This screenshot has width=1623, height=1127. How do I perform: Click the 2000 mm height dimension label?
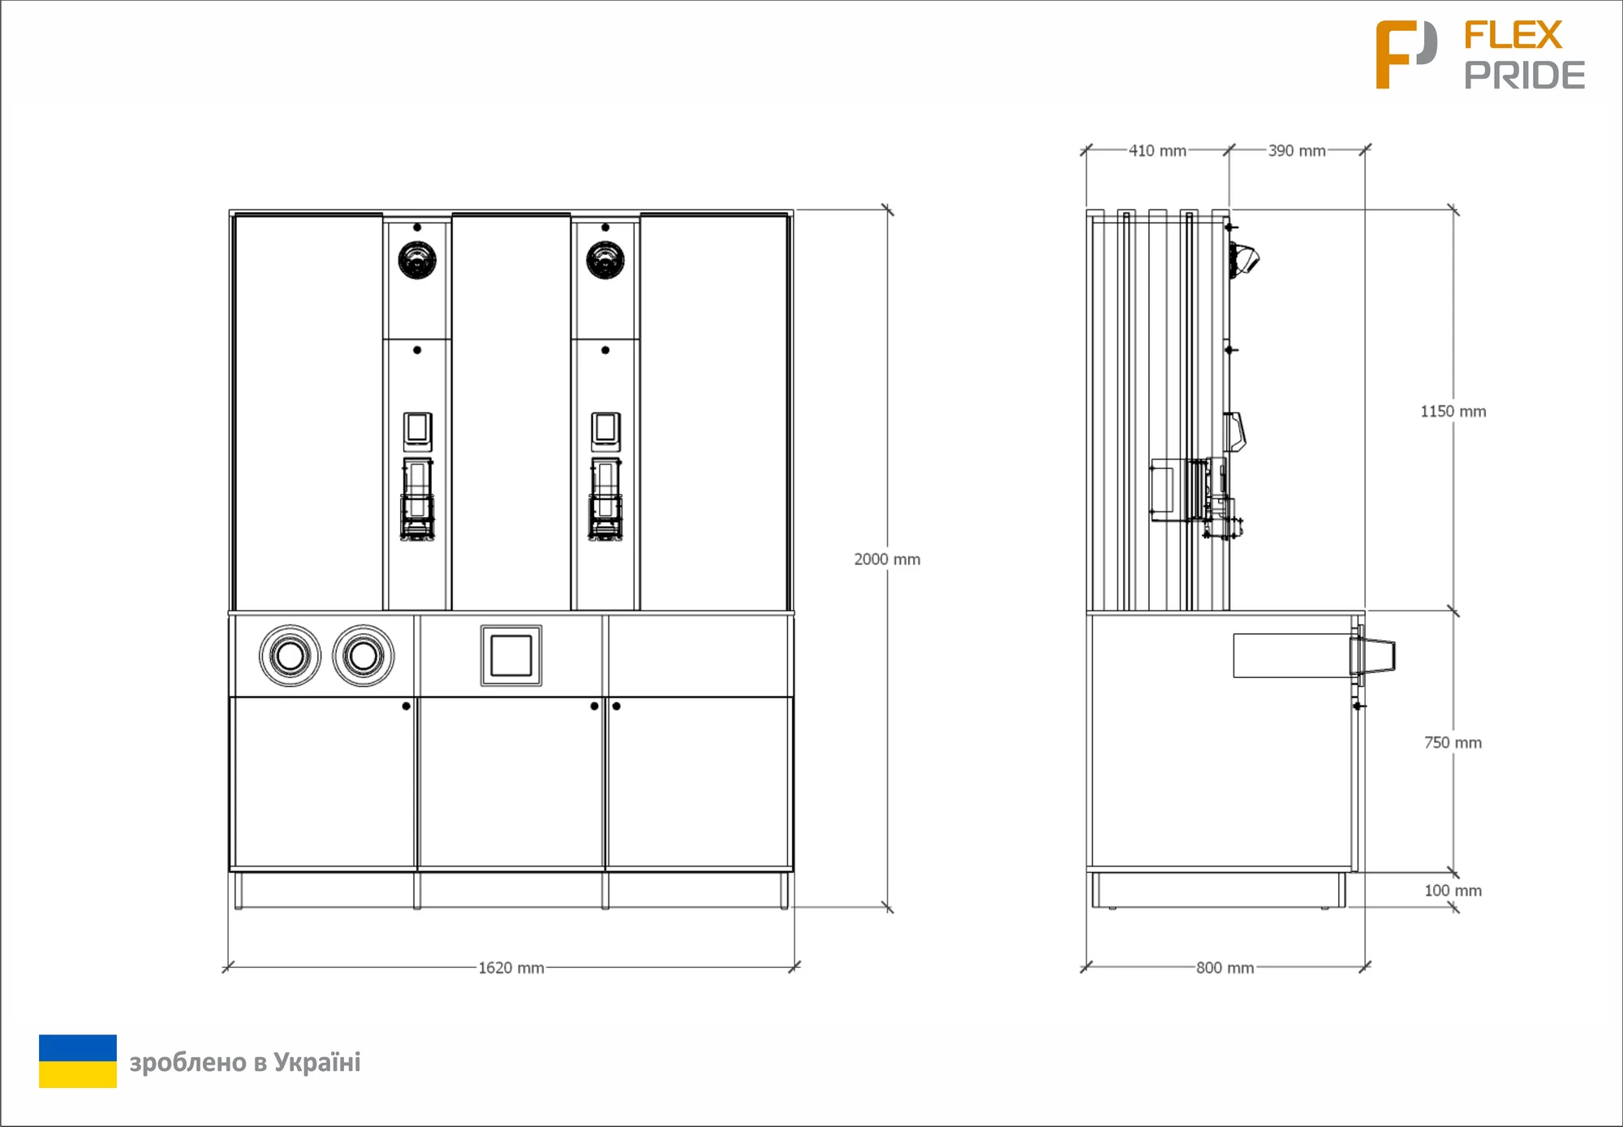pos(887,559)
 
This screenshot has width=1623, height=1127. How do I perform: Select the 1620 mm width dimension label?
pos(511,968)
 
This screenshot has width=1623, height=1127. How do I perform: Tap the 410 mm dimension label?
pos(1157,151)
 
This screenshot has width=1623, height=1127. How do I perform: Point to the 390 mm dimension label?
pos(1297,151)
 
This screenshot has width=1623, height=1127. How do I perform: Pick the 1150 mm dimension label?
pos(1453,412)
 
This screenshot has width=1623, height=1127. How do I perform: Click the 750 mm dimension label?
pos(1453,743)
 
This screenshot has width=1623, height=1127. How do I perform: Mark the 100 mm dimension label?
pos(1453,891)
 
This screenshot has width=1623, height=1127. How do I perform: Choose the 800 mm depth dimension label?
pos(1225,968)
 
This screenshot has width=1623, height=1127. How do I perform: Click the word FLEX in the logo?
pos(1513,36)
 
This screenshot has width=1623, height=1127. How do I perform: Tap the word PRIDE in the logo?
pos(1525,76)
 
